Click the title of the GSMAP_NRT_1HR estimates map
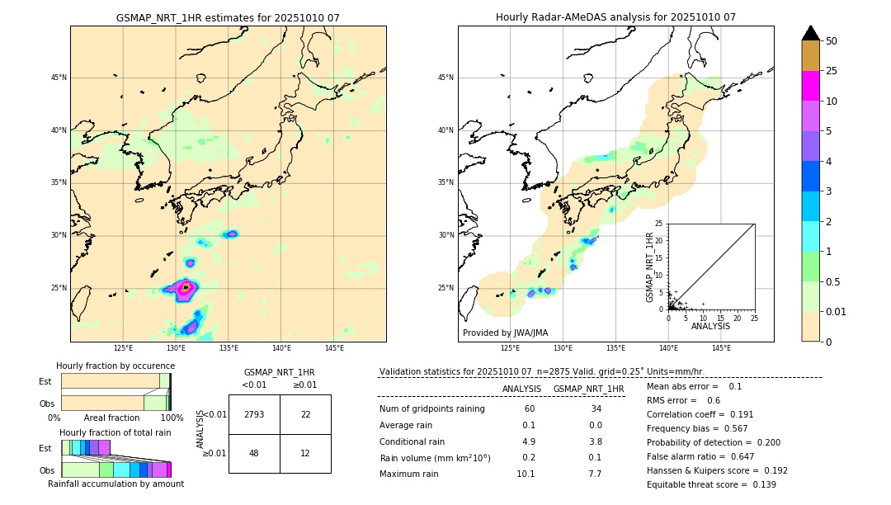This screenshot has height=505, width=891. [x=228, y=17]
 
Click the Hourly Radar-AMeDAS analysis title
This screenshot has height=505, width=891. [x=615, y=17]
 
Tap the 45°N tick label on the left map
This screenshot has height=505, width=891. [x=59, y=78]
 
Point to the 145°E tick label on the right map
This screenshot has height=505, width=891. [x=721, y=348]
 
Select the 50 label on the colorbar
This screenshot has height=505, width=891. [x=832, y=40]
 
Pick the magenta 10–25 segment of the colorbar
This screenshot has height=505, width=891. [x=810, y=86]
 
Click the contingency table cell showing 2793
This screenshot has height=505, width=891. [x=254, y=414]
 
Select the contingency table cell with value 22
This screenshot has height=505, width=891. [x=305, y=414]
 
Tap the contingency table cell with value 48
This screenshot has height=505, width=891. [x=254, y=453]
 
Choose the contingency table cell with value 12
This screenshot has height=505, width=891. [x=305, y=453]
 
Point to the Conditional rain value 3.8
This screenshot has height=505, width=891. [x=595, y=441]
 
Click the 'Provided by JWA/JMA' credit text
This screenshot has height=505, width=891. [x=505, y=333]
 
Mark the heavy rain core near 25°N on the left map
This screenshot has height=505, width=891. [x=186, y=287]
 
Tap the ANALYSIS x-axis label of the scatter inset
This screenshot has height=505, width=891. [x=710, y=326]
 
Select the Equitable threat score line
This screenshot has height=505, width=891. [x=711, y=484]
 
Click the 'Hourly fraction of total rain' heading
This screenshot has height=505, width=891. [x=115, y=432]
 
